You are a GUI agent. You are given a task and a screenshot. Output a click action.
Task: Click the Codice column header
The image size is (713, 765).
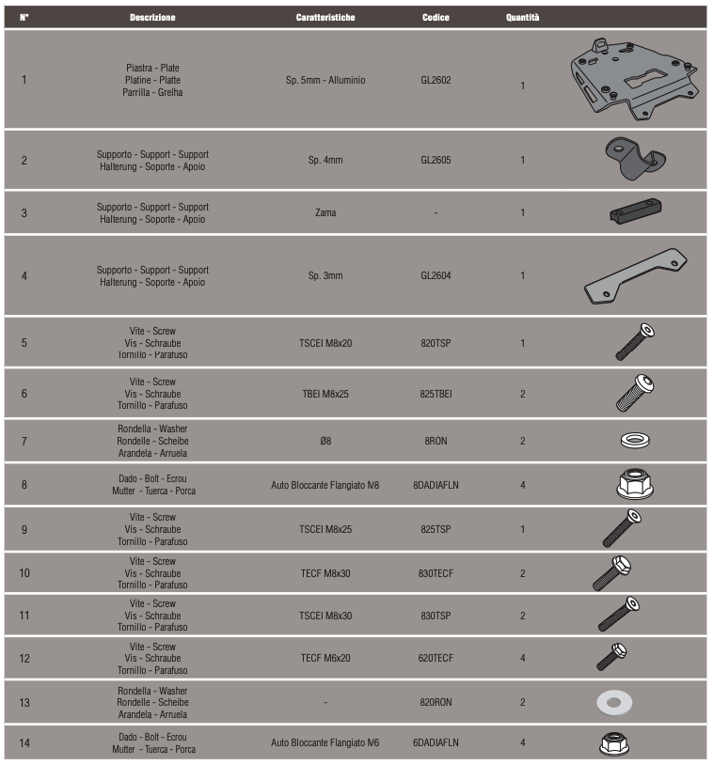point(436,18)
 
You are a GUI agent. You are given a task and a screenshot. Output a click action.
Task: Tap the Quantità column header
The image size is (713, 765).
point(522,18)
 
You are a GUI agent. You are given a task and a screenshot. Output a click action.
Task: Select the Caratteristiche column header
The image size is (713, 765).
point(325,18)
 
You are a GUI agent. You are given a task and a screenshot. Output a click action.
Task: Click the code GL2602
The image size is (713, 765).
point(436,81)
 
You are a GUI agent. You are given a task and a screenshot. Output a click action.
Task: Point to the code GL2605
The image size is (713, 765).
point(436,161)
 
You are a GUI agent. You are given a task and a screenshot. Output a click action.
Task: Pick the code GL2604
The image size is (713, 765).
point(436,276)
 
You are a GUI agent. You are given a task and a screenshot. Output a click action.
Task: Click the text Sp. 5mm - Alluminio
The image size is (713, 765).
point(325,81)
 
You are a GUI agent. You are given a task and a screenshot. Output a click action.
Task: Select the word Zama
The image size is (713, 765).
point(325,213)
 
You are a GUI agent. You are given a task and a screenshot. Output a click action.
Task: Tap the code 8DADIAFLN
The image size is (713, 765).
point(436,486)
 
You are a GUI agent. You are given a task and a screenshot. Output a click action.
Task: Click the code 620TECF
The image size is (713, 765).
point(436,659)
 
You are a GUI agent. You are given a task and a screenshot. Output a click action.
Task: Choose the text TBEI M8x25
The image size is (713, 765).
point(325,394)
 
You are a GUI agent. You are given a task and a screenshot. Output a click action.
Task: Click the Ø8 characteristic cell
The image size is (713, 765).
point(325,441)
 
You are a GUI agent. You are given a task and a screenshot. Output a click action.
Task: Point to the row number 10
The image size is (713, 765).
point(24,572)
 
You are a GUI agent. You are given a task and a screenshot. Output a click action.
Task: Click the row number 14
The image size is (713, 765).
point(24,743)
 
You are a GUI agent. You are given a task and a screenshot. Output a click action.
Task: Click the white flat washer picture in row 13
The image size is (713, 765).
point(614,702)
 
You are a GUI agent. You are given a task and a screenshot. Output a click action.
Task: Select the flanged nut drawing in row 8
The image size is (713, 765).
point(636,484)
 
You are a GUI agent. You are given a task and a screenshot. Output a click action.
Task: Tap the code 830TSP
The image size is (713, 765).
point(436,616)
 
